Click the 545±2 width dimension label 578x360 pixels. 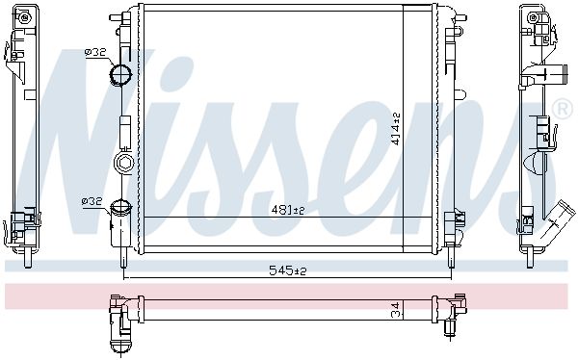[x=287, y=270]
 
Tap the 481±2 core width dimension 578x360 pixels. [x=287, y=210]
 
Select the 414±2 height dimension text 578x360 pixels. [x=396, y=129]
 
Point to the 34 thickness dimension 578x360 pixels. [x=395, y=310]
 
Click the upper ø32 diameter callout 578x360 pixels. [x=95, y=53]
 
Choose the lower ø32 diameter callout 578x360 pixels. [x=92, y=201]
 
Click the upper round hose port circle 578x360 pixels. [x=120, y=74]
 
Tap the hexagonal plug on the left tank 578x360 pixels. [x=123, y=162]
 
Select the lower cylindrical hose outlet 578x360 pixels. [x=120, y=223]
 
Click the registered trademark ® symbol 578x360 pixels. [x=563, y=109]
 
